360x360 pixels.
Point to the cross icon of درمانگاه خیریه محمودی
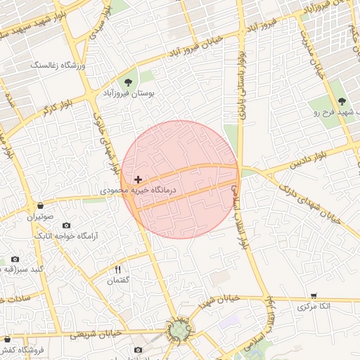click(x=138, y=180)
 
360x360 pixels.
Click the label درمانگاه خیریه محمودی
click(x=139, y=191)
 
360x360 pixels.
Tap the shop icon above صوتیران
click(x=40, y=206)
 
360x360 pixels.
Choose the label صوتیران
click(x=40, y=217)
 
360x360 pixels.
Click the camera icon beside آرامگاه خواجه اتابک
click(x=66, y=225)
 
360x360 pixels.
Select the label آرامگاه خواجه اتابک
click(x=67, y=238)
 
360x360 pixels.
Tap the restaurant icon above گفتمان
click(x=118, y=270)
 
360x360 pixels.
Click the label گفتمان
click(x=118, y=281)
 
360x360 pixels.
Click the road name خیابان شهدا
click(x=219, y=301)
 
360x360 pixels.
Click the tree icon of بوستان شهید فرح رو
click(x=342, y=102)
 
